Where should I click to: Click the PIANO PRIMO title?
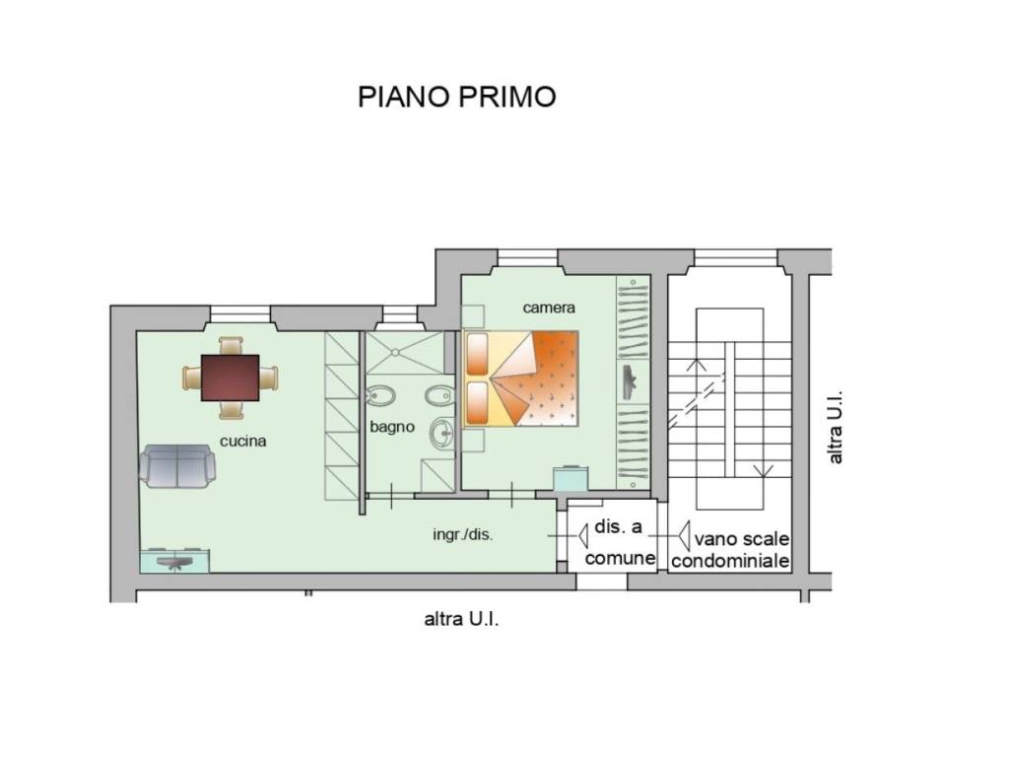[456, 97]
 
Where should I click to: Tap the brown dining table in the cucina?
[230, 378]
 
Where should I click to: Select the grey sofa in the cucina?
[177, 466]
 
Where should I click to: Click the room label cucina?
[242, 441]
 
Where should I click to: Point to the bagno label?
[392, 427]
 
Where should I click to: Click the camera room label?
[548, 308]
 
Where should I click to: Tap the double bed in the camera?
[520, 378]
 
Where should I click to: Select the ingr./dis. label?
[463, 534]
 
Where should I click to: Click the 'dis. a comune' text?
[619, 542]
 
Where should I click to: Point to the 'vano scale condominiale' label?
[730, 550]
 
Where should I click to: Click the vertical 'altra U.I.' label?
[835, 427]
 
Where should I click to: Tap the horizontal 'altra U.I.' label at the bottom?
[461, 619]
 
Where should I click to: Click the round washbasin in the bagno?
[442, 433]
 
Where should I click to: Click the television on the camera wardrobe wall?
[629, 382]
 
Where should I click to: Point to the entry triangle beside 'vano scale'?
[684, 535]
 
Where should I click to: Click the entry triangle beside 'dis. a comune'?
[583, 535]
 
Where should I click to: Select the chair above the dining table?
[231, 346]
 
